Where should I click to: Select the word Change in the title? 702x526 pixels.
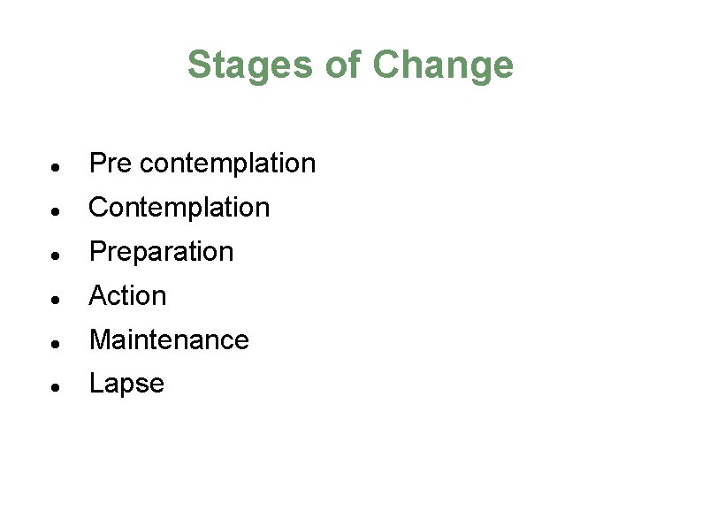pos(442,65)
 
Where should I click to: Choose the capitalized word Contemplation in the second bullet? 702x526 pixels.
pos(179,208)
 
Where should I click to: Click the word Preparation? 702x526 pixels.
pos(162,252)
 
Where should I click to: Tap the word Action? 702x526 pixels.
pos(128,296)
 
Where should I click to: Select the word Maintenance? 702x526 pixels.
pos(169,339)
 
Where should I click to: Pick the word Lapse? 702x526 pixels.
pos(126,384)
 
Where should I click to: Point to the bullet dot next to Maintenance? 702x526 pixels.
pos(55,343)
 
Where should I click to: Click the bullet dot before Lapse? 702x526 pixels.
pos(55,387)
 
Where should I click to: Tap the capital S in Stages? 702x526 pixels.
pos(199,65)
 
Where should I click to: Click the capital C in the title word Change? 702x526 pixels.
pos(385,65)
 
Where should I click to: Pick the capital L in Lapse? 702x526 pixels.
pos(95,384)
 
